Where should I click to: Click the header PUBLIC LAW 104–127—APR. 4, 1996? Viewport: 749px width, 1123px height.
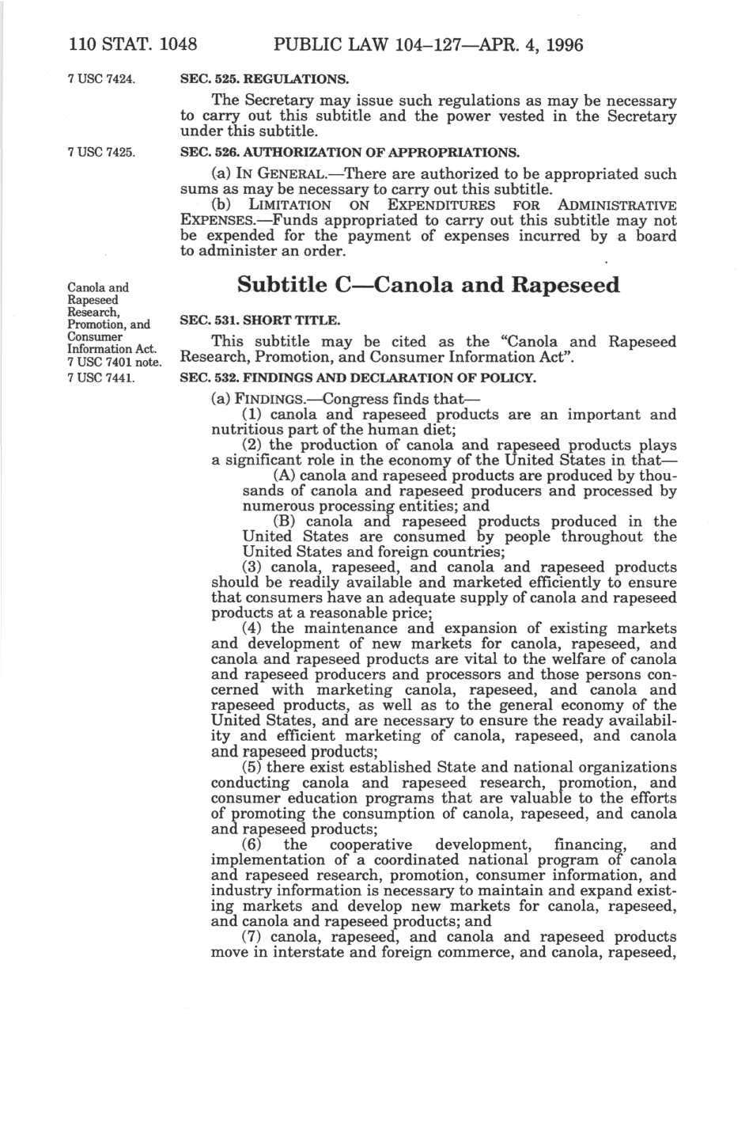(416, 45)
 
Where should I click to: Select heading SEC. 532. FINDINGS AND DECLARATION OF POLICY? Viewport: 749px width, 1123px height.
(358, 377)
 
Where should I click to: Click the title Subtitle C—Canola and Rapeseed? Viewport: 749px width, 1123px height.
(428, 285)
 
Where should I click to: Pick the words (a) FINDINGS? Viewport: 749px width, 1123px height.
(256, 399)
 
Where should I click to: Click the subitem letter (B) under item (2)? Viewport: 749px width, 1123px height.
(283, 522)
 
